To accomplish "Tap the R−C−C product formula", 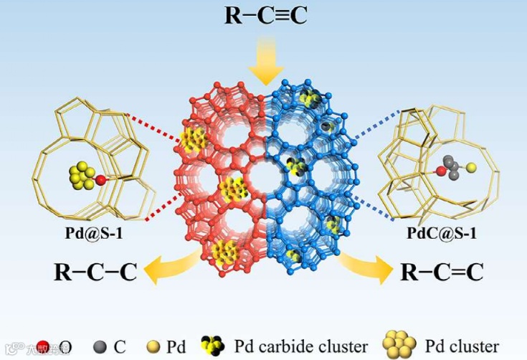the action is coord(95,272).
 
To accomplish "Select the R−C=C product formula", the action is coord(441,273).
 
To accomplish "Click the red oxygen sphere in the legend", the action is coord(42,347).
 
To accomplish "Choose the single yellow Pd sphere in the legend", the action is coord(156,347).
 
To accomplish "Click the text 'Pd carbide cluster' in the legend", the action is coord(301,346).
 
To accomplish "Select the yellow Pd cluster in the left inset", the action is coord(82,176).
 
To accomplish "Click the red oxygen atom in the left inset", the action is coord(101,179).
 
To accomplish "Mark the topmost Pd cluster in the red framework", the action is coord(192,140).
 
